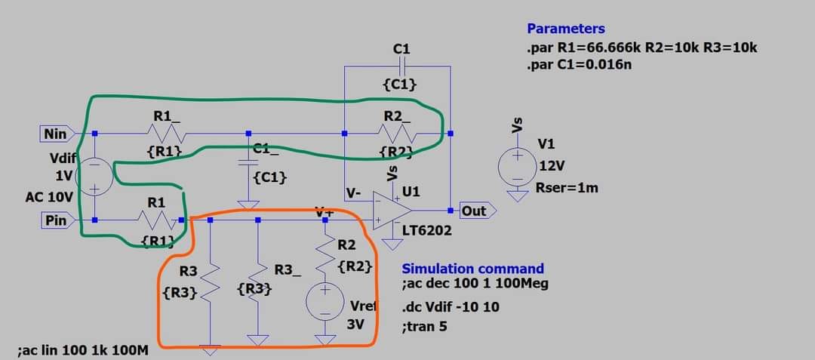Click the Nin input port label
pyautogui.click(x=57, y=134)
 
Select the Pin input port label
pyautogui.click(x=57, y=220)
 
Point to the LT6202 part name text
pyautogui.click(x=427, y=231)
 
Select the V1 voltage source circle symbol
pyautogui.click(x=517, y=165)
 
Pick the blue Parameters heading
pyautogui.click(x=565, y=29)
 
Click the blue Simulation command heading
pyautogui.click(x=472, y=269)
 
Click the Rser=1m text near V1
pyautogui.click(x=566, y=187)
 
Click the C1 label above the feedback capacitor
pyautogui.click(x=401, y=49)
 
